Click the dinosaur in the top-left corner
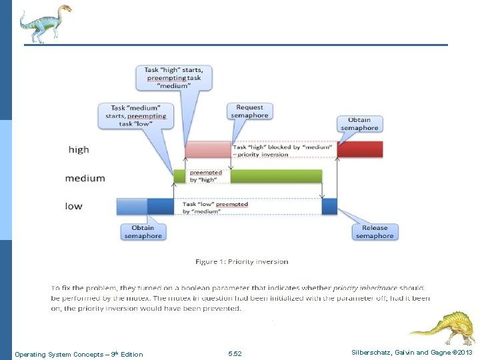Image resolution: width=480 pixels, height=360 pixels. pyautogui.click(x=44, y=23)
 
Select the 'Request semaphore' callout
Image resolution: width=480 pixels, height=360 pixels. pyautogui.click(x=249, y=111)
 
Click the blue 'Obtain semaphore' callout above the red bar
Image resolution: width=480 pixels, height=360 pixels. pyautogui.click(x=359, y=124)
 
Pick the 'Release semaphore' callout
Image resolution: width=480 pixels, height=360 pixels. pyautogui.click(x=374, y=231)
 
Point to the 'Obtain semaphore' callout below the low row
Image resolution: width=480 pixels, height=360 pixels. pyautogui.click(x=143, y=231)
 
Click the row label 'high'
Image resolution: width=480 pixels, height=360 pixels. pyautogui.click(x=79, y=149)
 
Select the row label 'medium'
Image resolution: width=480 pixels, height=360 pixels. pyautogui.click(x=85, y=178)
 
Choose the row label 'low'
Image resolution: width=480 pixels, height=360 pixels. pyautogui.click(x=74, y=206)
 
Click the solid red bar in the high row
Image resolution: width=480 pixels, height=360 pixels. pyautogui.click(x=359, y=149)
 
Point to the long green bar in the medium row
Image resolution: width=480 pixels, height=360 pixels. pyautogui.click(x=277, y=177)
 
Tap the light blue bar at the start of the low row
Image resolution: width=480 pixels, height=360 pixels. pyautogui.click(x=131, y=206)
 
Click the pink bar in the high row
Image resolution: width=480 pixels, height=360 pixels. pyautogui.click(x=207, y=149)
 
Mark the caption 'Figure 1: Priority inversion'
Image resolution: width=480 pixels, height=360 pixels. pyautogui.click(x=242, y=261)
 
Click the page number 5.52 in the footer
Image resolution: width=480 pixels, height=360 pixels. pyautogui.click(x=235, y=353)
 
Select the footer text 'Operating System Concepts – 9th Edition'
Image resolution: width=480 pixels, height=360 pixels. pyautogui.click(x=79, y=354)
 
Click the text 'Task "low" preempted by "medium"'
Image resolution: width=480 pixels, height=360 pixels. pyautogui.click(x=215, y=208)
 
